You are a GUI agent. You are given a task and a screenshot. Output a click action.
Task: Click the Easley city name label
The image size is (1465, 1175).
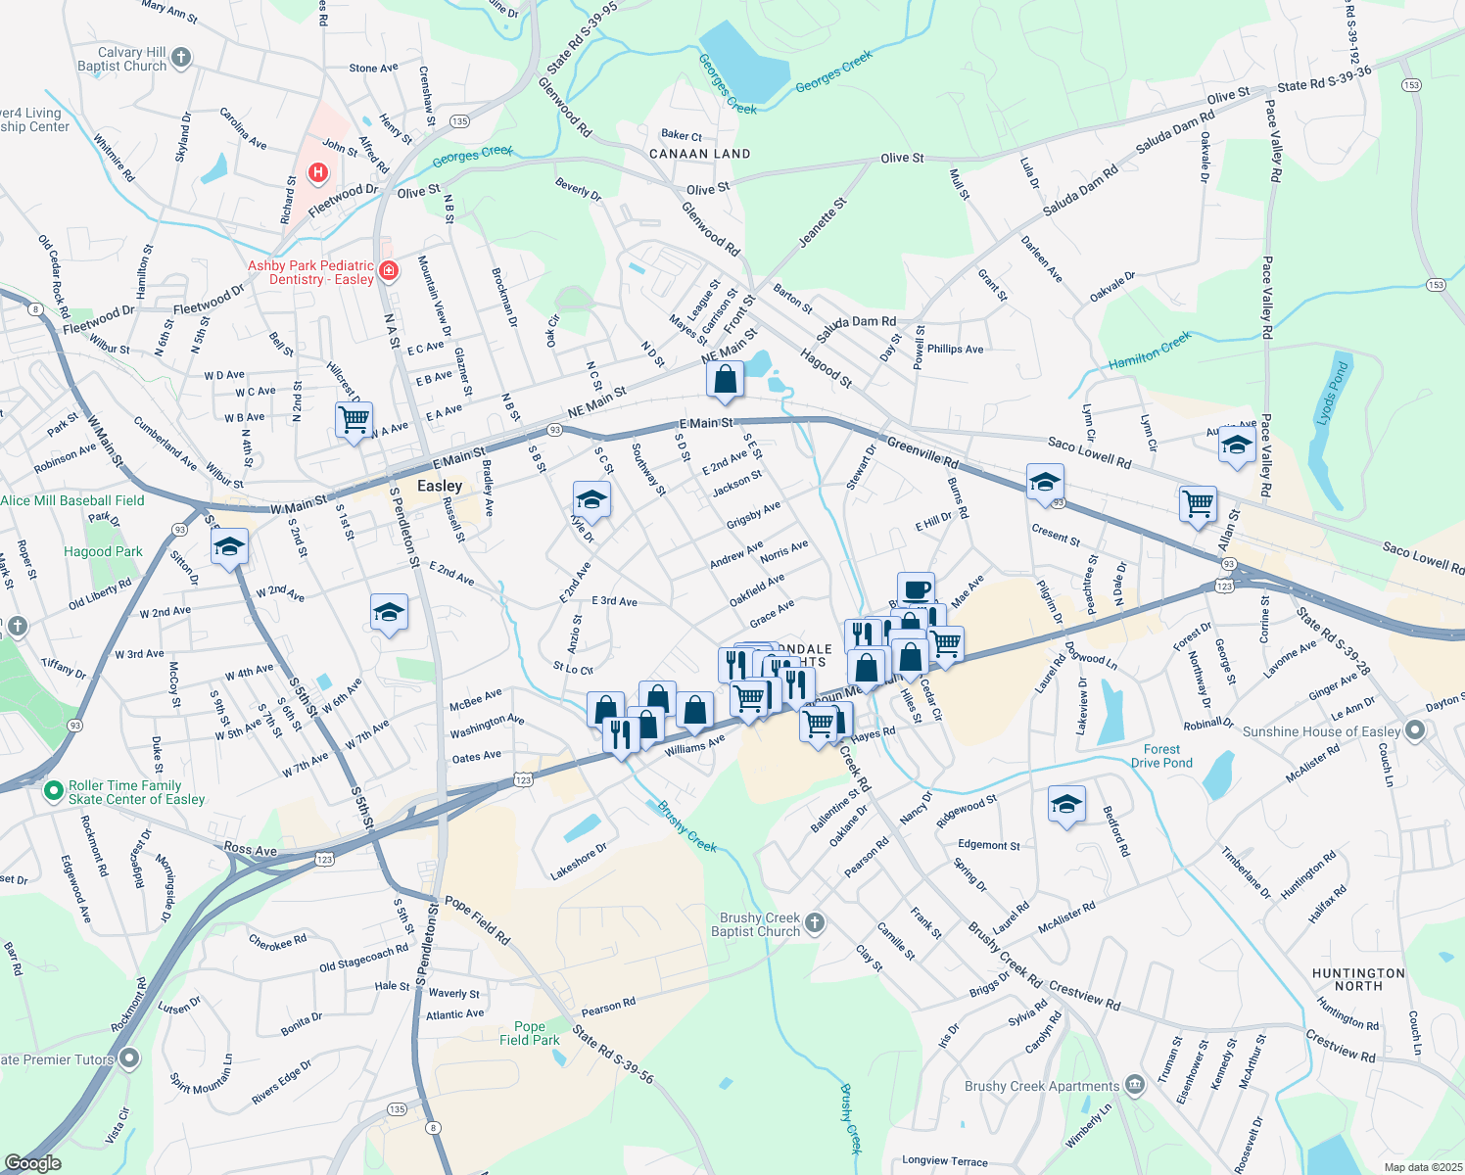pyautogui.click(x=439, y=486)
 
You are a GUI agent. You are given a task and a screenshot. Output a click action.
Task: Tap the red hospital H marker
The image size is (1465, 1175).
pyautogui.click(x=318, y=173)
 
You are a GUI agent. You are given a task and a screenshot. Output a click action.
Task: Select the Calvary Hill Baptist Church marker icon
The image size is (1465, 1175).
pyautogui.click(x=182, y=59)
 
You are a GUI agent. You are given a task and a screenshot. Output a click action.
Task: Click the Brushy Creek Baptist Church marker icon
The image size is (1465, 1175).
pyautogui.click(x=815, y=923)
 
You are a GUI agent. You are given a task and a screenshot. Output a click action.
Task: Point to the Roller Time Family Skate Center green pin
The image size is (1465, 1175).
pyautogui.click(x=55, y=790)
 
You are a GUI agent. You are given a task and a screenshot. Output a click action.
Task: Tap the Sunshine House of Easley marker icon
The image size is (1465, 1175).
pyautogui.click(x=1414, y=730)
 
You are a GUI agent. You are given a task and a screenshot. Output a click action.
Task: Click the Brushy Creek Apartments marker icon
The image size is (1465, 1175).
pyautogui.click(x=1134, y=1085)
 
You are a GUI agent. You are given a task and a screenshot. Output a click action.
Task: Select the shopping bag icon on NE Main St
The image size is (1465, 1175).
pyautogui.click(x=726, y=380)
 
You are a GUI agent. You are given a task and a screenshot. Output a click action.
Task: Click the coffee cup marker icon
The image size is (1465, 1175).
pyautogui.click(x=916, y=590)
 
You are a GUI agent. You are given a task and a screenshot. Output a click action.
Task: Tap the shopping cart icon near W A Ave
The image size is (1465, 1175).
pyautogui.click(x=354, y=420)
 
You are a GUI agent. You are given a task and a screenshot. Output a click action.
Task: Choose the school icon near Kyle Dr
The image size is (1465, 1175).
pyautogui.click(x=591, y=500)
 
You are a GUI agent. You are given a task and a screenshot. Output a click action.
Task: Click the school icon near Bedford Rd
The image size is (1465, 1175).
pyautogui.click(x=1065, y=805)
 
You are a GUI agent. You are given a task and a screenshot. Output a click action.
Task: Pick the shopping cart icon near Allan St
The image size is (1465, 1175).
pyautogui.click(x=1198, y=504)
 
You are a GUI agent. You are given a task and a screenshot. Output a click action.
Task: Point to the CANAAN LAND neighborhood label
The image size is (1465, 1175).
pyautogui.click(x=699, y=154)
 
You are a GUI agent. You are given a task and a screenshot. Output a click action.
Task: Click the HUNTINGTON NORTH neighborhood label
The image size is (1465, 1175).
pyautogui.click(x=1358, y=979)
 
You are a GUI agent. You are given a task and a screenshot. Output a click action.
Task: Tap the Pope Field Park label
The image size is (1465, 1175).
pyautogui.click(x=530, y=1033)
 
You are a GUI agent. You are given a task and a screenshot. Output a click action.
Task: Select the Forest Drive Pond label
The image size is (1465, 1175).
pyautogui.click(x=1161, y=756)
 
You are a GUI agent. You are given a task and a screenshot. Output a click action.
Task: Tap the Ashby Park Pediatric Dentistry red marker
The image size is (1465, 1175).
pyautogui.click(x=389, y=270)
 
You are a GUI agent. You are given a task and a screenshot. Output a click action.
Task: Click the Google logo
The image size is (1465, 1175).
pyautogui.click(x=32, y=1163)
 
